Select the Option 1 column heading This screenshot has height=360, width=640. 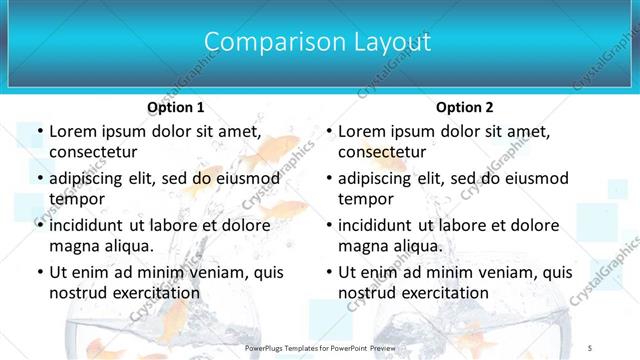[x=175, y=107]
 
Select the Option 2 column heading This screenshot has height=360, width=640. [x=464, y=107]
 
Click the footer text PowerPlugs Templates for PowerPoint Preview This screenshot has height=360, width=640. [x=320, y=347]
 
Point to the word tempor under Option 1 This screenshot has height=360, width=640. [x=75, y=198]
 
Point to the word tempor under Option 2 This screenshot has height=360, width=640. [x=364, y=198]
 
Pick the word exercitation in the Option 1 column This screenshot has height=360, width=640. [x=153, y=292]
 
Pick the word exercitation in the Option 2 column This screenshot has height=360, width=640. [x=442, y=292]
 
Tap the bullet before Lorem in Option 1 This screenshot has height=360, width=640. [x=39, y=132]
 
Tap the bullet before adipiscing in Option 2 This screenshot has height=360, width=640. [x=328, y=179]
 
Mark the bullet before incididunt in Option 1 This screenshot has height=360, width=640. [x=39, y=226]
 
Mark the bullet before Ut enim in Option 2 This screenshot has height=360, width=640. [x=328, y=272]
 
